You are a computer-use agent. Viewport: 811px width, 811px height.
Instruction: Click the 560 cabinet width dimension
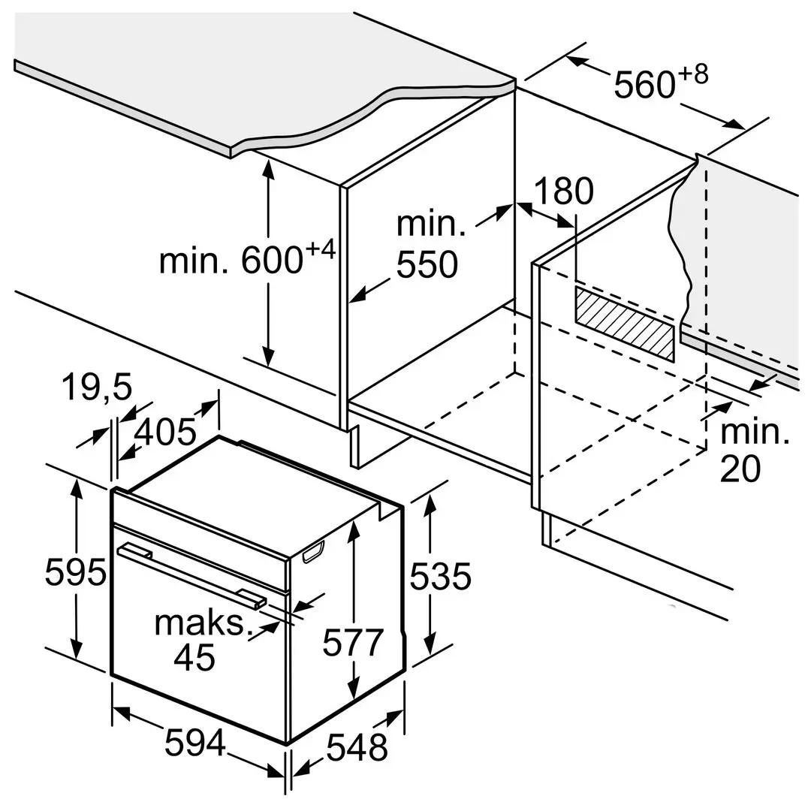pos(644,83)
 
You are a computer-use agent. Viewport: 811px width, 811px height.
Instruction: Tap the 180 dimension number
pos(563,192)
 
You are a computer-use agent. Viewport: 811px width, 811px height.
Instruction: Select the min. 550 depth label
pos(427,245)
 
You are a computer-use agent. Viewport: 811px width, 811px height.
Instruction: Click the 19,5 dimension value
pos(96,388)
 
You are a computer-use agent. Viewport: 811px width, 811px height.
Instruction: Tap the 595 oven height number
pos(74,573)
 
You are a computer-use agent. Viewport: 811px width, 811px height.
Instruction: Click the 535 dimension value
pos(441,576)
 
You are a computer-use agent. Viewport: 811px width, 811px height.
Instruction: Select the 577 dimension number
pos(353,643)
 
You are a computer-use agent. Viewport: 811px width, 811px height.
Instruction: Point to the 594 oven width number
pos(195,743)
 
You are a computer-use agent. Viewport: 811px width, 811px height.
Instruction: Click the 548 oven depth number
pos(357,747)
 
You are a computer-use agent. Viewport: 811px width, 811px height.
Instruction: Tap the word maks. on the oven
pos(201,624)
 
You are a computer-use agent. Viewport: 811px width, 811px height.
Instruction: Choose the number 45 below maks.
pos(194,657)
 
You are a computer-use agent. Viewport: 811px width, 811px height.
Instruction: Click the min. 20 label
pos(754,451)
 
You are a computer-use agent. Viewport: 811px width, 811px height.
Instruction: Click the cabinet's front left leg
pos(351,446)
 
